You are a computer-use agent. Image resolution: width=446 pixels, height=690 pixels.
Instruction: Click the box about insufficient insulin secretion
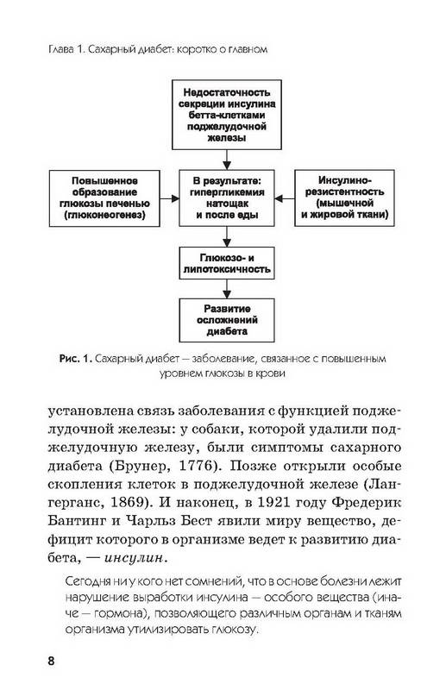point(226,115)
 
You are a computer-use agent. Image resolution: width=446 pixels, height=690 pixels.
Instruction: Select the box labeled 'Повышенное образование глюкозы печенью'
point(104,198)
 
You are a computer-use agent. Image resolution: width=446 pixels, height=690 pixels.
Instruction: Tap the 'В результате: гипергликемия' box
point(227,198)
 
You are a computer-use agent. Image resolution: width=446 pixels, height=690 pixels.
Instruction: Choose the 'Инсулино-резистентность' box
point(344,198)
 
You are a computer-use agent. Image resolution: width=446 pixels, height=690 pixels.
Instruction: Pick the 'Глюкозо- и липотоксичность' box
point(227,263)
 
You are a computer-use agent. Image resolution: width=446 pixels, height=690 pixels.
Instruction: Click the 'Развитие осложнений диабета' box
point(227,320)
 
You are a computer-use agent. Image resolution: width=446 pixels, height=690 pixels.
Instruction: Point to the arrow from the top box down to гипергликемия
point(227,160)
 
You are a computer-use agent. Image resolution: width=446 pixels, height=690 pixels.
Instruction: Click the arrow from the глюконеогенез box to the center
point(170,198)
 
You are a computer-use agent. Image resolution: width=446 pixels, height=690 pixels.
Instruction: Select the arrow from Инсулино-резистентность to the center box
point(285,198)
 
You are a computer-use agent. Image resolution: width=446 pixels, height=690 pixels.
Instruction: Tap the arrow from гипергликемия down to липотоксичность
point(227,236)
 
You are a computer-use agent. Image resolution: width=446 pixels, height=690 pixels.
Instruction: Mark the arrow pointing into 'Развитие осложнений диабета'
point(227,289)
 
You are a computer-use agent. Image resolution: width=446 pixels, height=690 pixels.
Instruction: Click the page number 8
point(51,661)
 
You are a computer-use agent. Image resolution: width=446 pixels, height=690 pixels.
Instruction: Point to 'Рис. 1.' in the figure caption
point(75,359)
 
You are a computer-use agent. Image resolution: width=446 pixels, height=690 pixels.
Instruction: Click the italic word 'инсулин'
point(135,558)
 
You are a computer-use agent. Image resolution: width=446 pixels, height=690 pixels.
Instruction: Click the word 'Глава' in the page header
point(61,49)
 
